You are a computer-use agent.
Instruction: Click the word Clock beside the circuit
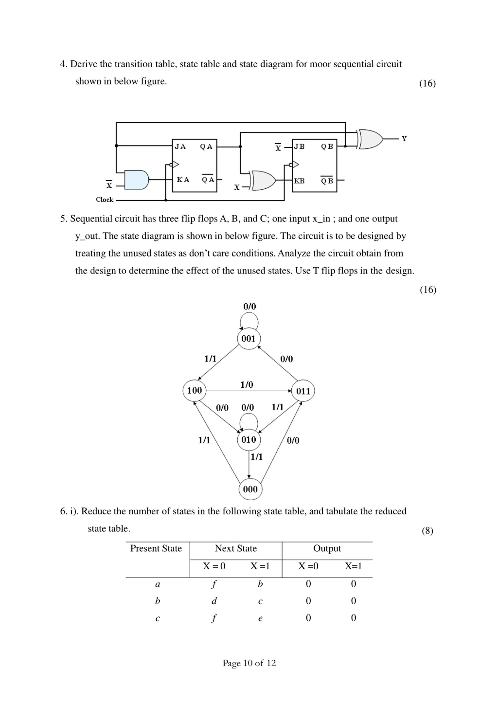(x=104, y=200)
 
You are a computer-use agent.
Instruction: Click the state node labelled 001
(x=248, y=338)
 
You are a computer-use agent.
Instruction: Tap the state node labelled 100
(x=194, y=390)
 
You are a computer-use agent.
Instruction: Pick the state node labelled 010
(x=248, y=440)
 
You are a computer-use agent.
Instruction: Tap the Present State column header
(x=156, y=548)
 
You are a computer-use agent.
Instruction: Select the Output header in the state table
(x=327, y=548)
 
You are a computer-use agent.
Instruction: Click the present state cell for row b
(x=158, y=601)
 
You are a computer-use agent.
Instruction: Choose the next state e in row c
(x=260, y=618)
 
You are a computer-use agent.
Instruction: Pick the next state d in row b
(x=214, y=601)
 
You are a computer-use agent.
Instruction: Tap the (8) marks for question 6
(x=427, y=531)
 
